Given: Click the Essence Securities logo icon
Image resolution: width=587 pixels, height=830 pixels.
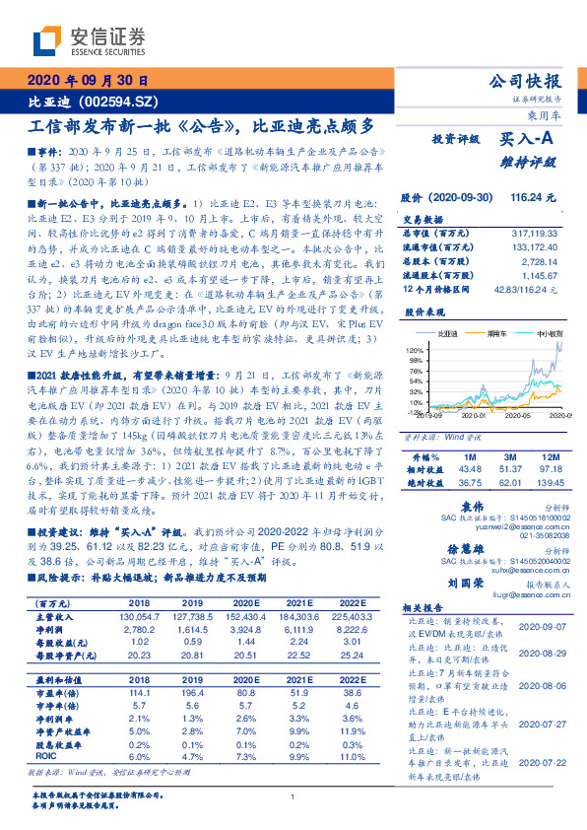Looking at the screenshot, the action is tap(47, 40).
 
